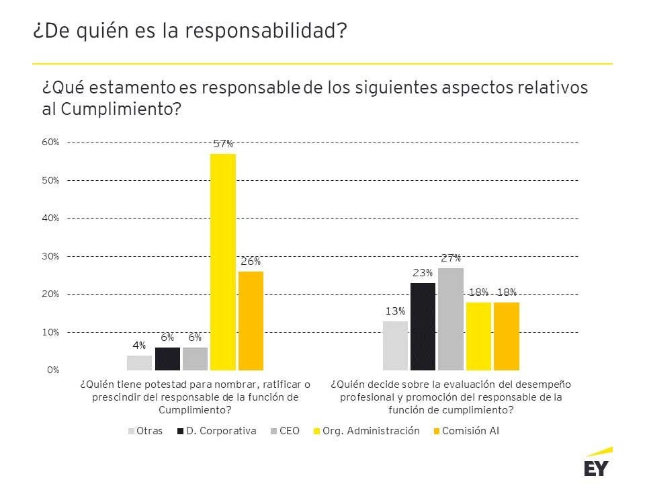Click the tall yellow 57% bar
pos(223,262)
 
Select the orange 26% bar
pos(251,321)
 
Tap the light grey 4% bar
pos(139,362)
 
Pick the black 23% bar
pos(423,326)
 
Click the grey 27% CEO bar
pos(451,319)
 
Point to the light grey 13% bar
pos(395,346)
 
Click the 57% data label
pos(223,144)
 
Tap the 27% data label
pos(451,258)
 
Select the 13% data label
pos(395,311)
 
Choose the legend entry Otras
pos(144,431)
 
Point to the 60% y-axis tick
pos(51,143)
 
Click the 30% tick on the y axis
pos(51,256)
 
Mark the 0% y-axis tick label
pos(53,370)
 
